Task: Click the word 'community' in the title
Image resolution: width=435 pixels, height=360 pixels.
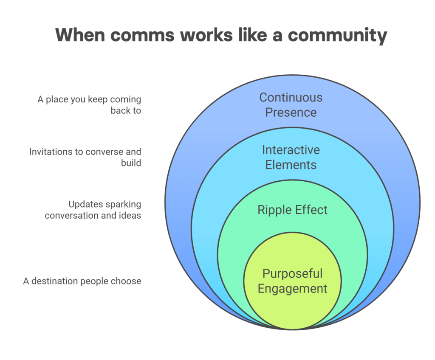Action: pos(337,36)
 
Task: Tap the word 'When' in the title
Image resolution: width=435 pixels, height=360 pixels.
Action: pos(80,35)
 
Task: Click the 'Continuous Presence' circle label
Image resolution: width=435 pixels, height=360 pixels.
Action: pos(291,105)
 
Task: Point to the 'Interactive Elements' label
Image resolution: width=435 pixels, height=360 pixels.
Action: pos(291,157)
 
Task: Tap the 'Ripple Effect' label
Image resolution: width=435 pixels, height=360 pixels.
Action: pos(292,210)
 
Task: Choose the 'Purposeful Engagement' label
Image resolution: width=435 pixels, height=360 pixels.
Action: pos(292,281)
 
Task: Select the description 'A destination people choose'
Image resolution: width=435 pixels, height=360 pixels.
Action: pos(82,281)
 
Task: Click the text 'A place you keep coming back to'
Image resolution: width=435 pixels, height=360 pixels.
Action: pos(89,105)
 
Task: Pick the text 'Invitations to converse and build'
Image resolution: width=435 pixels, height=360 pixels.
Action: pos(85,157)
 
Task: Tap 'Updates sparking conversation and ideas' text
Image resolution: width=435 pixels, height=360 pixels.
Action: pos(93,210)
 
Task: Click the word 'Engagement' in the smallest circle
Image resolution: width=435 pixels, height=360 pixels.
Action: pos(292,289)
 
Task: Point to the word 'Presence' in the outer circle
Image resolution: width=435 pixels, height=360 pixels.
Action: pos(291,112)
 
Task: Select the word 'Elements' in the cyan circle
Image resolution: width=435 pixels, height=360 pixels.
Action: pos(291,165)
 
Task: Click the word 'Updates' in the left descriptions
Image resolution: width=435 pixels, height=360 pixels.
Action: pos(86,204)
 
